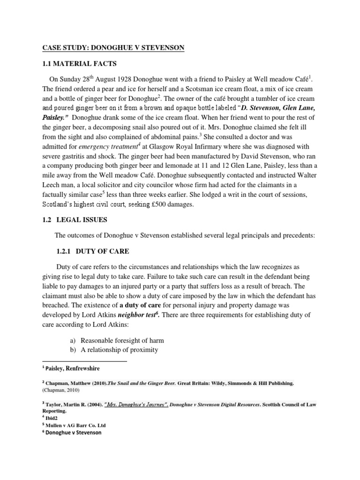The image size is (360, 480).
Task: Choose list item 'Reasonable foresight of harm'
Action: pos(122,341)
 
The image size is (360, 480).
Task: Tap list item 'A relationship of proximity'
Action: pos(120,350)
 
